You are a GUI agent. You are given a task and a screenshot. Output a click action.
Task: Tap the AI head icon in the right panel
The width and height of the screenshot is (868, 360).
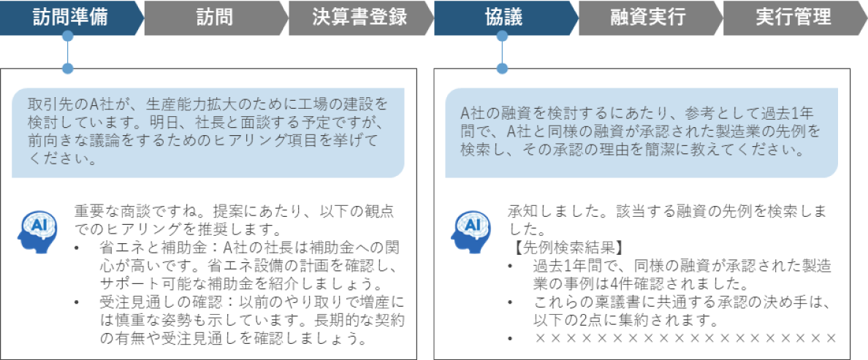click(x=469, y=227)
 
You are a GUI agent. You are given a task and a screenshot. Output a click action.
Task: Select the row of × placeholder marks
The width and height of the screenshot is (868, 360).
click(x=685, y=339)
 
